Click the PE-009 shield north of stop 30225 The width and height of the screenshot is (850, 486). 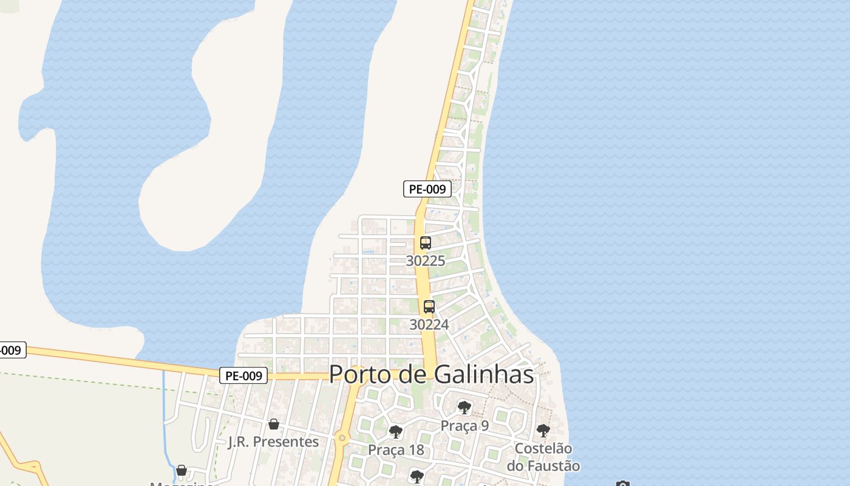click(427, 189)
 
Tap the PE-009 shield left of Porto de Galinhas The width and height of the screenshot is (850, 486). click(243, 376)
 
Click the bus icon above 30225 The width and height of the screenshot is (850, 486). click(426, 243)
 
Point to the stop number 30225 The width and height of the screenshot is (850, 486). click(426, 261)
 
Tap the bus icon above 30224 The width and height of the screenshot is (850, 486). click(429, 307)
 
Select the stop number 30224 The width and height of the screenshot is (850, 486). click(429, 324)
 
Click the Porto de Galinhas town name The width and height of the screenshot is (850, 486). click(431, 374)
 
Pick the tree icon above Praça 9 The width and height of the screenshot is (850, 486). click(464, 408)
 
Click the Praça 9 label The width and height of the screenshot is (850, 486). click(464, 425)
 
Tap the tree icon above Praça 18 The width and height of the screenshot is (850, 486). click(396, 433)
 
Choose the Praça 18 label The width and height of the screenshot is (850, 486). click(396, 450)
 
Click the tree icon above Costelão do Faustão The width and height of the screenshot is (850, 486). click(543, 431)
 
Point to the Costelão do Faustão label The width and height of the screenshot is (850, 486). click(543, 457)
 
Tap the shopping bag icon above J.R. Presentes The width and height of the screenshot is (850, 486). click(274, 424)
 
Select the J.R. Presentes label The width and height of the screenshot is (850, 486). click(273, 442)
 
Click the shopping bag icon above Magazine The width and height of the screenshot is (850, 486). click(182, 470)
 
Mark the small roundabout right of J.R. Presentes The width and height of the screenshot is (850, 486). click(342, 437)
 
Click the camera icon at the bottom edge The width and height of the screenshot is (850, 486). click(622, 484)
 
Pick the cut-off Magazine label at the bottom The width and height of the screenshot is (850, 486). click(182, 484)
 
